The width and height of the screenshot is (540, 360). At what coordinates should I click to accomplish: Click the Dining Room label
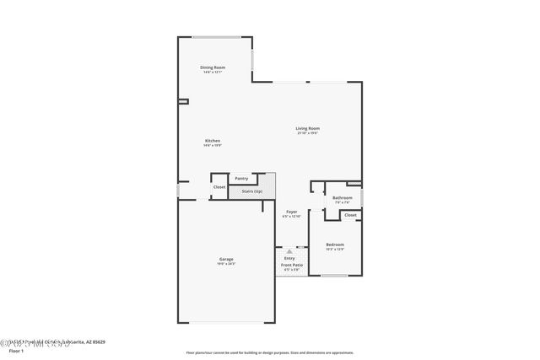point(213,67)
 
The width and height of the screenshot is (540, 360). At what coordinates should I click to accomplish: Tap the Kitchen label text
point(213,141)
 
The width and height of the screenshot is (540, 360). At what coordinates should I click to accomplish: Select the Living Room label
point(308,128)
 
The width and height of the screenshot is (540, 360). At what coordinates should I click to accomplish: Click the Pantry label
point(242,178)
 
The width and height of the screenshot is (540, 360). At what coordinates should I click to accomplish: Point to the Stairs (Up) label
point(251,191)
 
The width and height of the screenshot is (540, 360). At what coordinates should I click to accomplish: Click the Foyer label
point(291,212)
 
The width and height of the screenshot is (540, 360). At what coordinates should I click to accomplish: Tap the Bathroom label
point(343,198)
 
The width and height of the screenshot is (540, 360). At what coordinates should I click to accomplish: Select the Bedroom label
point(335,244)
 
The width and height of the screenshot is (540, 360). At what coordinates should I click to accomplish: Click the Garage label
point(226,259)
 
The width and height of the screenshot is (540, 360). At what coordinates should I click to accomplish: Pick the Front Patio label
point(292,266)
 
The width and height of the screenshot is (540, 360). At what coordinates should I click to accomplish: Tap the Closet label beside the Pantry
point(219,186)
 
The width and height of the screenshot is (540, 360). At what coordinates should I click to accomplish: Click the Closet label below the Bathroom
point(350,215)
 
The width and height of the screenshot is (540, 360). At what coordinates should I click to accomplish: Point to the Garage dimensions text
point(226,264)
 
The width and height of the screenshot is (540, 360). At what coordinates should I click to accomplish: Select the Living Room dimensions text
point(308,133)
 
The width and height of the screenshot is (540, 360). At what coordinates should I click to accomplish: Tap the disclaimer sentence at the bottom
point(270,352)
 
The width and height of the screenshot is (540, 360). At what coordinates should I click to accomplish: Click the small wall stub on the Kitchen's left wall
point(181,101)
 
